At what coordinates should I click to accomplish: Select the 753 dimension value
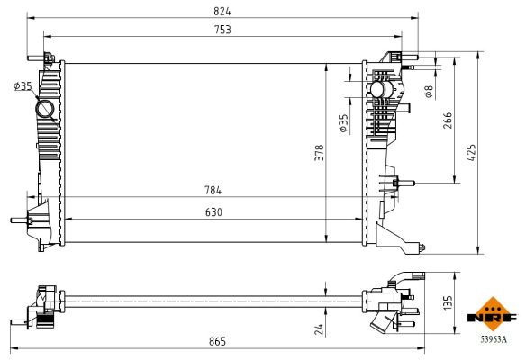click(222, 31)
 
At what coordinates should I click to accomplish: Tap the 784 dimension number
click(213, 191)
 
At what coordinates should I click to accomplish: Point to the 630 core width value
click(213, 212)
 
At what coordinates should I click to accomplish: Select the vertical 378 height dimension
click(319, 154)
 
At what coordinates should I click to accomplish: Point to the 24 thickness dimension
click(320, 329)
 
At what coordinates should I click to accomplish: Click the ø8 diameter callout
click(429, 90)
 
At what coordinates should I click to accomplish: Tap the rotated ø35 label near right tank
click(343, 123)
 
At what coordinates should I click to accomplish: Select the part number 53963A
click(493, 339)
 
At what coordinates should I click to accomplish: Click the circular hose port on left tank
click(45, 110)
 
